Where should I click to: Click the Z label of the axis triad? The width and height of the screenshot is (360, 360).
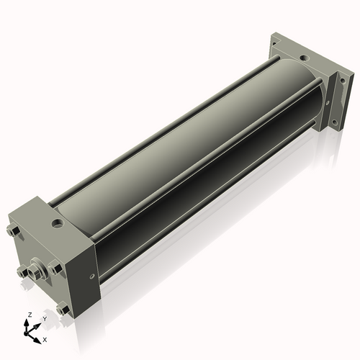tap(30, 315)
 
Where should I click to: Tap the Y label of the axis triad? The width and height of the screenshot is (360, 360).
tap(45, 319)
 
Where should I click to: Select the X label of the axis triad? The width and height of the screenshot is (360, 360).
tap(45, 340)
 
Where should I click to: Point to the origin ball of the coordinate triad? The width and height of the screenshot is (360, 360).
tap(26, 333)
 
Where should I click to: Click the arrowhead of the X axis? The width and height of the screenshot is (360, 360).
tap(37, 341)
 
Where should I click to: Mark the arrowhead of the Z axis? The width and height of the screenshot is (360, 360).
tap(26, 323)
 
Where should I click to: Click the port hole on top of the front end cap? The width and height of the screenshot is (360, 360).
tap(58, 224)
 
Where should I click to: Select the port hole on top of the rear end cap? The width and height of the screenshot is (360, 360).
tap(304, 58)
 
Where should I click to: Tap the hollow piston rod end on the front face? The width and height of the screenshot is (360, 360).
tap(33, 273)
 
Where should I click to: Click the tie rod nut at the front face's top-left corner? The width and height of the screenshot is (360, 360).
tap(14, 231)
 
